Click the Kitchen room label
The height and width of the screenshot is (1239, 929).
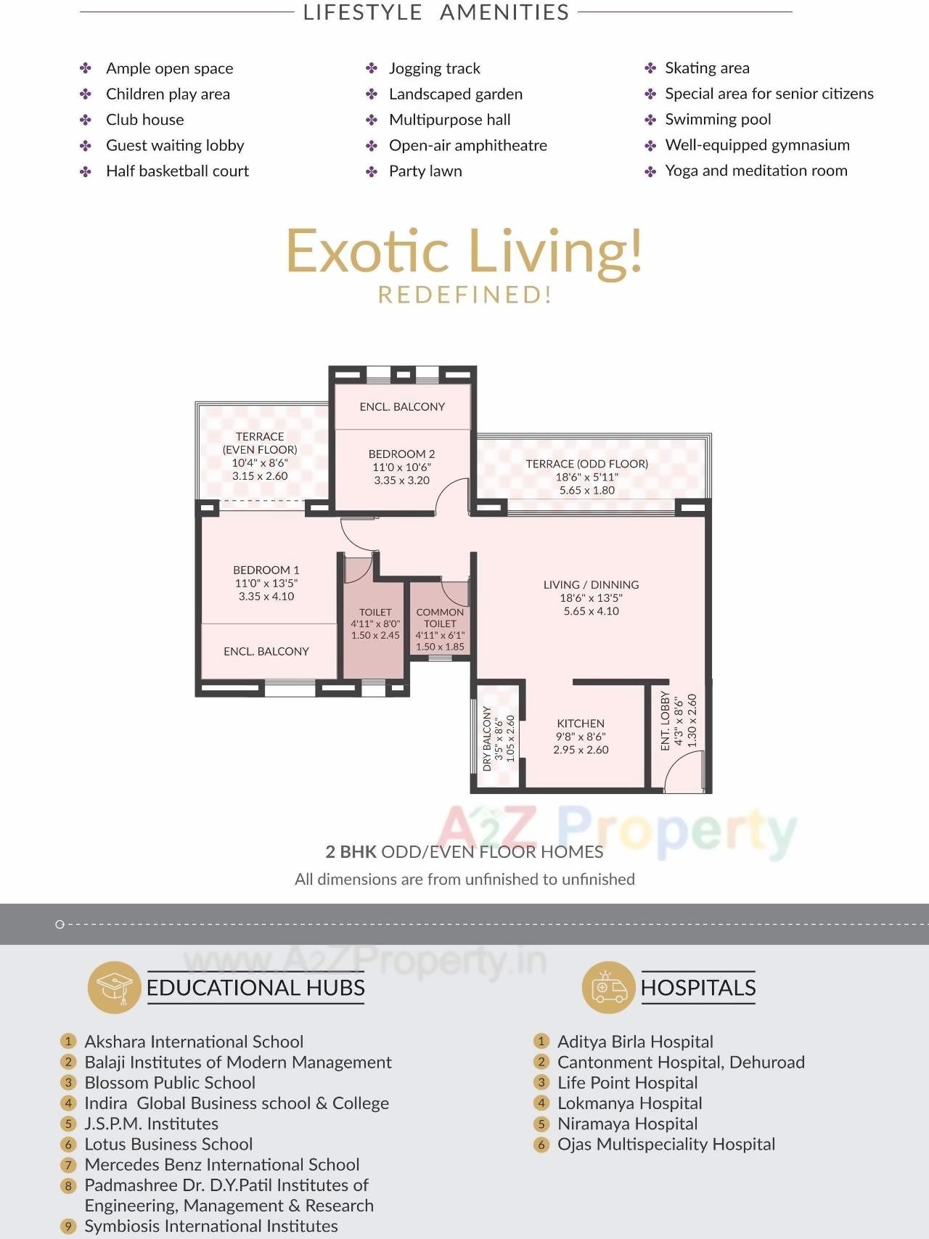(x=580, y=723)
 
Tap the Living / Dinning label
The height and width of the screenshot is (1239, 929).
(x=591, y=584)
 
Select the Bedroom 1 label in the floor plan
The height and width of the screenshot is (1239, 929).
(x=266, y=570)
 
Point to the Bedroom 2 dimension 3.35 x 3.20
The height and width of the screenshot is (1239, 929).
(x=401, y=481)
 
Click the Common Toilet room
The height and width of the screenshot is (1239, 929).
(x=440, y=624)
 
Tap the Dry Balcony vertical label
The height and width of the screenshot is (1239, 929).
(x=487, y=738)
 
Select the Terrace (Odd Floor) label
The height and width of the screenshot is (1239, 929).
(x=586, y=464)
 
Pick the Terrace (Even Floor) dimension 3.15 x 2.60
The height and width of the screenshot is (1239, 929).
(x=260, y=476)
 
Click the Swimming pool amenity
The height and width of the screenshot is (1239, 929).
(x=717, y=119)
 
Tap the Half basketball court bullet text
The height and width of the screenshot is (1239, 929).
(x=177, y=171)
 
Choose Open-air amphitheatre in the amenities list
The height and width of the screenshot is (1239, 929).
(x=467, y=145)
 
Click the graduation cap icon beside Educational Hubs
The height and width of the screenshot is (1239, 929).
(x=114, y=987)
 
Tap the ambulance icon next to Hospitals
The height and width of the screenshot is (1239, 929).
(x=609, y=987)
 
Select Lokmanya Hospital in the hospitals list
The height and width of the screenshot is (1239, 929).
(x=629, y=1103)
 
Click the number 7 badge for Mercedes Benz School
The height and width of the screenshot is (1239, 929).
(x=68, y=1165)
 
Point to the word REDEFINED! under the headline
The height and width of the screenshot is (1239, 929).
(x=464, y=295)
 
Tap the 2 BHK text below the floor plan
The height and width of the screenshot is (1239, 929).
(x=351, y=851)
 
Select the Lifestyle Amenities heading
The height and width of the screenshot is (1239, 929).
(x=435, y=12)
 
